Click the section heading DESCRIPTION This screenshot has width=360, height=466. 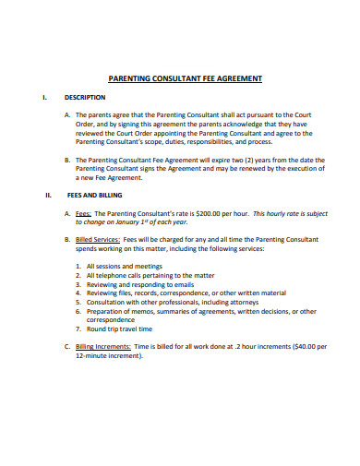point(85,96)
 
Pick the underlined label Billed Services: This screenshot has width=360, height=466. point(100,239)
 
